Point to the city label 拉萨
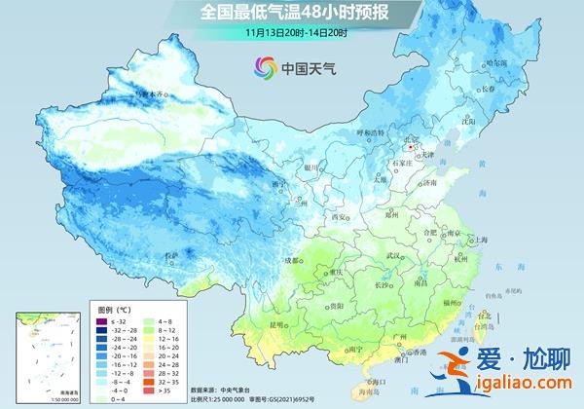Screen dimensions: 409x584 click(x=173, y=255)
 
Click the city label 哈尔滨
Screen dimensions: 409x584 click(x=497, y=61)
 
